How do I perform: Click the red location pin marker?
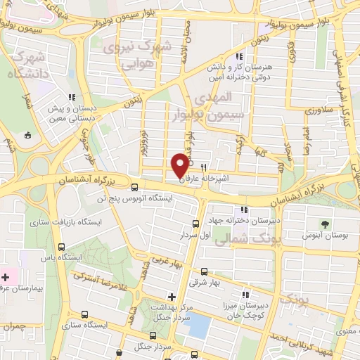(x=180, y=165)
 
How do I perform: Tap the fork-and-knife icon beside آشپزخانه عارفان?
(x=203, y=168)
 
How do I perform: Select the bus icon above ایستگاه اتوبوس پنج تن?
(x=134, y=187)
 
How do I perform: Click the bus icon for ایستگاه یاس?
(x=62, y=247)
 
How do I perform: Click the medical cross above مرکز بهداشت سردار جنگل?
(x=172, y=297)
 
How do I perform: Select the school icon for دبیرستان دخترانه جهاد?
(x=244, y=210)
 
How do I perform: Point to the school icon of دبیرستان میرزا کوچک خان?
(x=245, y=293)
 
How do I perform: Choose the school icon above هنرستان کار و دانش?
(x=239, y=56)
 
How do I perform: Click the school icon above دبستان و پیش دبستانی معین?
(x=70, y=98)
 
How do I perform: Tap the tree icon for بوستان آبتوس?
(x=324, y=224)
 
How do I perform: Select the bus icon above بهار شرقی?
(x=204, y=271)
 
